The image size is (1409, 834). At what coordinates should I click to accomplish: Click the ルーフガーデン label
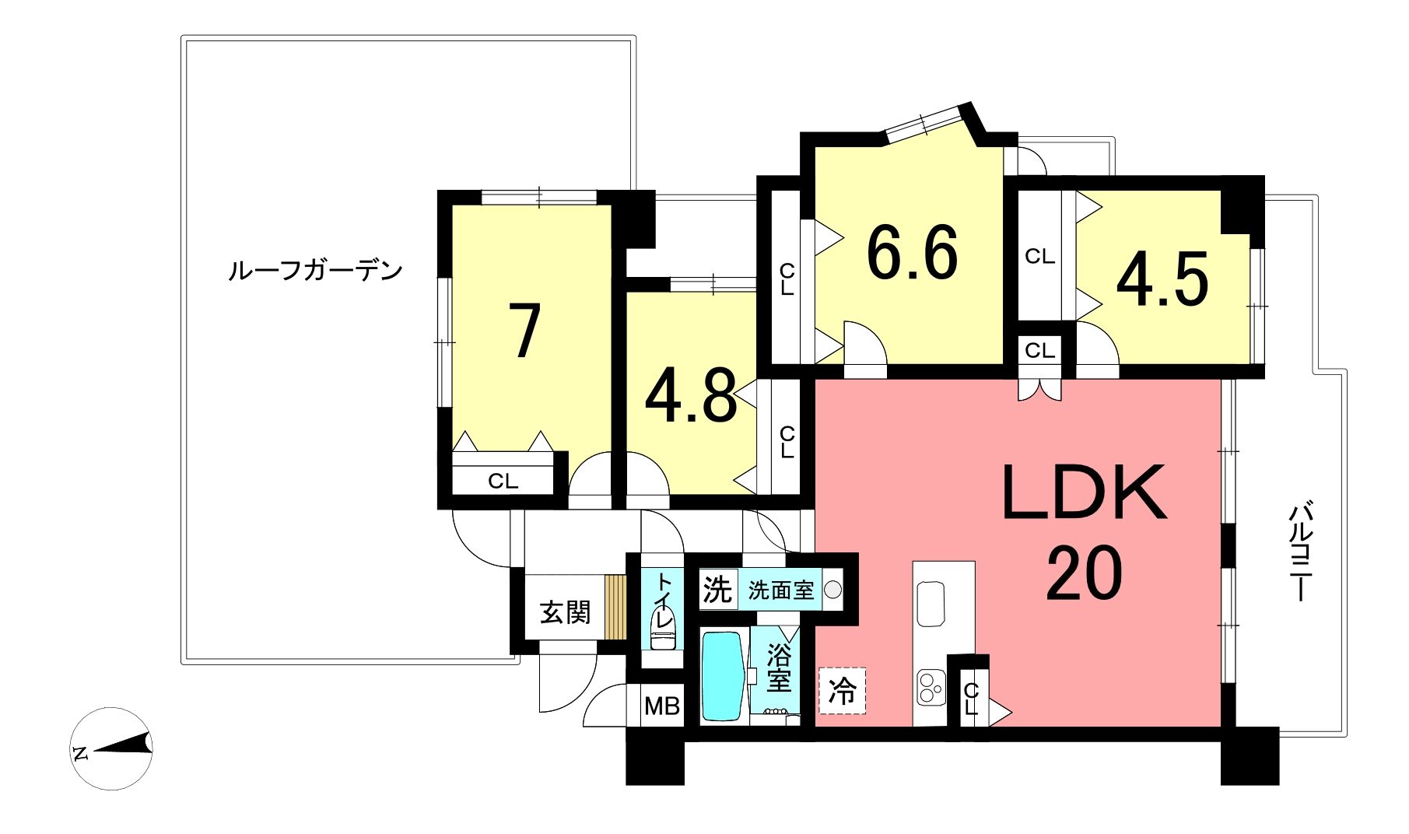tap(315, 271)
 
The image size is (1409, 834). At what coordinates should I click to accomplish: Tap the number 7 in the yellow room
tap(524, 331)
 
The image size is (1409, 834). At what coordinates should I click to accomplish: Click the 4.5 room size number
tap(1162, 279)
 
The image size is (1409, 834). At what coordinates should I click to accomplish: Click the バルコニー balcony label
tap(1300, 552)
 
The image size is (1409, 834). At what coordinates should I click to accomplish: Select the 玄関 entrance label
tap(565, 612)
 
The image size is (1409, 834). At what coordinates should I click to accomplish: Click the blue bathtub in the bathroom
tap(723, 675)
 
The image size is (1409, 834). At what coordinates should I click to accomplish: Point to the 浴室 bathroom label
tap(779, 668)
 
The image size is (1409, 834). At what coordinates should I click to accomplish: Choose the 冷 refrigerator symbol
tap(842, 690)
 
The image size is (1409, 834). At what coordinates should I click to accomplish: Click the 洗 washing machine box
tap(717, 590)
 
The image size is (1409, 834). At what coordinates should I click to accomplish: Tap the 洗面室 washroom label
tap(781, 590)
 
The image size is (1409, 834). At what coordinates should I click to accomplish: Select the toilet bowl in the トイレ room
tap(662, 633)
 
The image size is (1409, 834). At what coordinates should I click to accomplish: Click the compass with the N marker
tap(112, 748)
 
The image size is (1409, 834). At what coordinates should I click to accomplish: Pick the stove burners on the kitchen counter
tap(929, 686)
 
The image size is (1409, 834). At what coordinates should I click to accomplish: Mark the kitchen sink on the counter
tap(931, 604)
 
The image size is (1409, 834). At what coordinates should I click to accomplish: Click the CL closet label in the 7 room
tap(503, 481)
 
